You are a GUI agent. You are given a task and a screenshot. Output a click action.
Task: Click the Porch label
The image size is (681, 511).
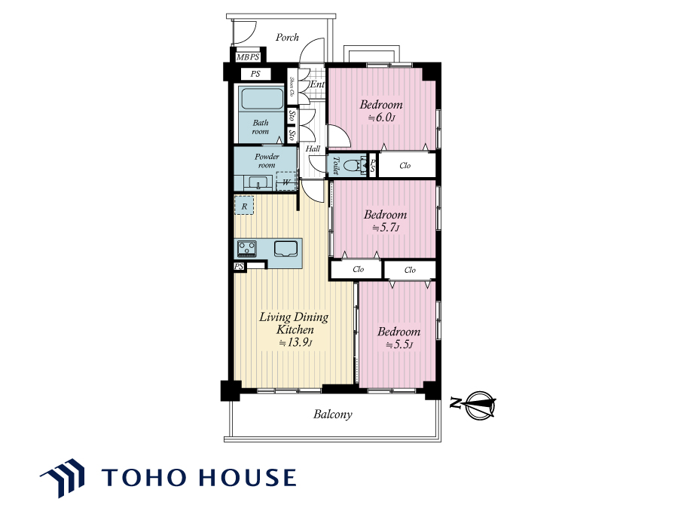pos(287,38)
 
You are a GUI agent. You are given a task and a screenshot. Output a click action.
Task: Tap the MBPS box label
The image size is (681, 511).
pos(248,57)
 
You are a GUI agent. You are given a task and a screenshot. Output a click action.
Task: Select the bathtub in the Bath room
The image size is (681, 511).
pos(262,99)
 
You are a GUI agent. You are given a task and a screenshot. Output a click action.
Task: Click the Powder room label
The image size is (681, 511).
pos(267,161)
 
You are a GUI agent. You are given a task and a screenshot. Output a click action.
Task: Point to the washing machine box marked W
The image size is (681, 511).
pos(286,181)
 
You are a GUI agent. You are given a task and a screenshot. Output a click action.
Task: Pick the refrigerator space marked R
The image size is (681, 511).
pos(244,206)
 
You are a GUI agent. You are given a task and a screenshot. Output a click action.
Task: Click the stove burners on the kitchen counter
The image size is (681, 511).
pos(246,249)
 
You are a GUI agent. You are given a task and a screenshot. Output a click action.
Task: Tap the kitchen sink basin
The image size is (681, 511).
pos(286,249)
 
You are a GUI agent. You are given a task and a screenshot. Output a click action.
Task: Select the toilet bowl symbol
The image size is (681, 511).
pos(353,165)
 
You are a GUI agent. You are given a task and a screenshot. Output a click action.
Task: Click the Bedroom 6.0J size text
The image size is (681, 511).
pos(382,118)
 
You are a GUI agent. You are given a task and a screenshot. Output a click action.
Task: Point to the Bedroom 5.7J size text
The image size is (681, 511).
pos(386,228)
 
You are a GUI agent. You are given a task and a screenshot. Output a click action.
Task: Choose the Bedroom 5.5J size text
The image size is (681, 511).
pos(399,344)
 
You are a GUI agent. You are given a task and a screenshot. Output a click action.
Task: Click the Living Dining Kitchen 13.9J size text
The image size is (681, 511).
pos(295,342)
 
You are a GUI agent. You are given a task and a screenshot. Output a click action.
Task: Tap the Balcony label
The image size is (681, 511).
pos(333,414)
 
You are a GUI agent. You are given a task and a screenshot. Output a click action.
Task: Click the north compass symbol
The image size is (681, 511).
pos(477,405)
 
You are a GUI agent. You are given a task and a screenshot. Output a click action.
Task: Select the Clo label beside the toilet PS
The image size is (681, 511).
pos(405,166)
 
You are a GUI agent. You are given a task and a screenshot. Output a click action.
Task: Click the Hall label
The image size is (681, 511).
pos(313,148)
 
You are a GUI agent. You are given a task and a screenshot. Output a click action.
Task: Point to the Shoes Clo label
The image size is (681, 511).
pos(292,87)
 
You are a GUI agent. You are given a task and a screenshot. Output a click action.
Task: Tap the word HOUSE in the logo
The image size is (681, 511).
pos(248,477)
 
